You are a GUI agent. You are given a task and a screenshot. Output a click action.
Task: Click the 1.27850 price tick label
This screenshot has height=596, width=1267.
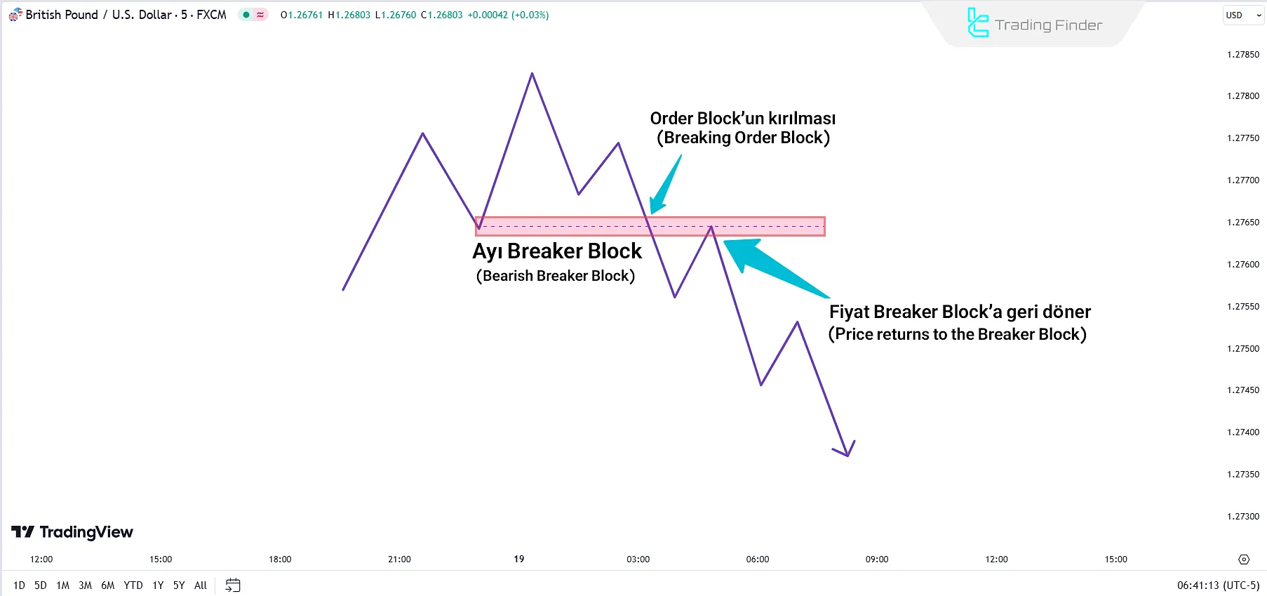(1242, 55)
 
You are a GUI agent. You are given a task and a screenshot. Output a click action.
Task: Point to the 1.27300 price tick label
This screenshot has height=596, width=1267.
(1242, 517)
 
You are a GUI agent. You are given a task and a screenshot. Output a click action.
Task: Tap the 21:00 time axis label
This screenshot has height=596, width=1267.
(399, 559)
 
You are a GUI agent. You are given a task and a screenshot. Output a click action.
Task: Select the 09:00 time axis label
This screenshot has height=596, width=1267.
(876, 559)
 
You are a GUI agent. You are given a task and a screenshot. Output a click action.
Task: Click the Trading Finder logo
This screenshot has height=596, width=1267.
(1034, 25)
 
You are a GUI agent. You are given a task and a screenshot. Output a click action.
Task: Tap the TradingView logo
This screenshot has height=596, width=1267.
(72, 532)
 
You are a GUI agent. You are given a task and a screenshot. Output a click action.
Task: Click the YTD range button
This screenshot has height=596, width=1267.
(133, 585)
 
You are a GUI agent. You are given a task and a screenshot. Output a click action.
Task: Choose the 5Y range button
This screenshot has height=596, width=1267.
(179, 585)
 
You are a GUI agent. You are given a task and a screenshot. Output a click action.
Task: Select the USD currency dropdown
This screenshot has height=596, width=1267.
(1243, 15)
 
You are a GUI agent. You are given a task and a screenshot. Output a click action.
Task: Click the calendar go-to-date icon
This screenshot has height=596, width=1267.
(233, 585)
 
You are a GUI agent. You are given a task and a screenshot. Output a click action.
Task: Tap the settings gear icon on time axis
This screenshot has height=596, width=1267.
(1244, 559)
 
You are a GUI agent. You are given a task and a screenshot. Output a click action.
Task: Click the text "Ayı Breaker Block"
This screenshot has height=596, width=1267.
(557, 251)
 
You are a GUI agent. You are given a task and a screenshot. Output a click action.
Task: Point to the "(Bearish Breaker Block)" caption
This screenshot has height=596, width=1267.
(556, 276)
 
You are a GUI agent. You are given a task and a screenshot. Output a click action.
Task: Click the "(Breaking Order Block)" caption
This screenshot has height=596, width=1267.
(743, 138)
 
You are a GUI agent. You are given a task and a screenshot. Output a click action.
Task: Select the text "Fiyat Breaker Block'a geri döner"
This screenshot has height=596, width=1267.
(960, 312)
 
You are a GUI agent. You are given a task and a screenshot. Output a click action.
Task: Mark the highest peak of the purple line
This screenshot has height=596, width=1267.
(532, 74)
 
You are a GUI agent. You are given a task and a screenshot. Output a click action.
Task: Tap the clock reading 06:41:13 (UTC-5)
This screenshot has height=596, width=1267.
(1218, 585)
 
